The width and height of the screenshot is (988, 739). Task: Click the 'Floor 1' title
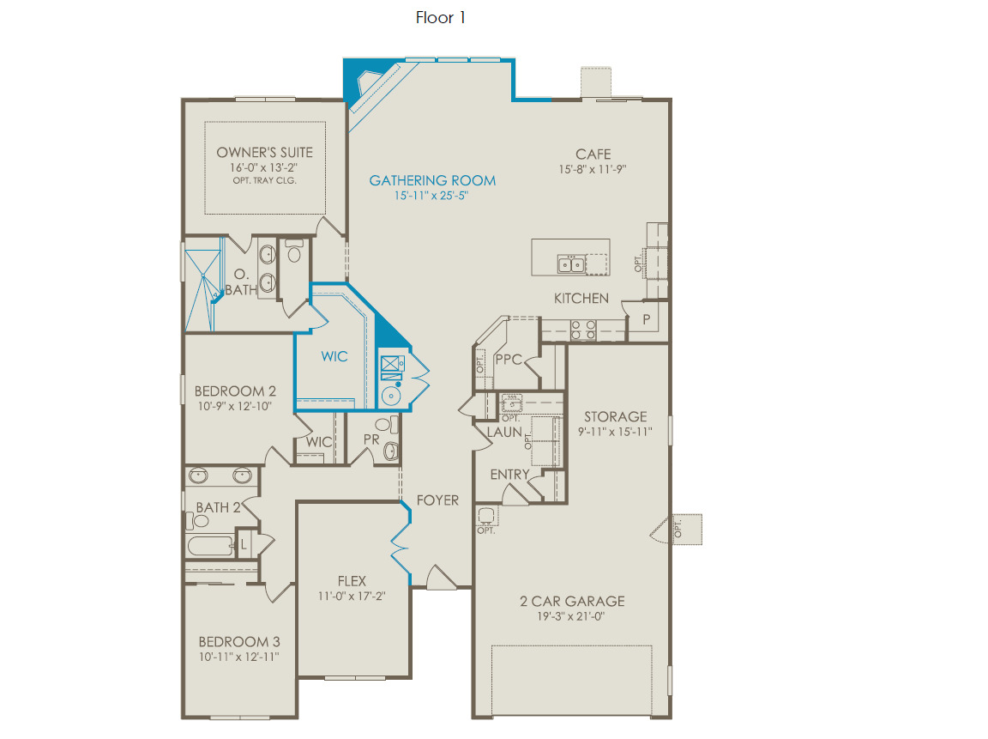coord(441,18)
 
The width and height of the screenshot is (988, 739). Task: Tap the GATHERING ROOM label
coord(432,180)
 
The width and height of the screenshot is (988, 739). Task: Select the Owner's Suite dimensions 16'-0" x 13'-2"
coord(263,167)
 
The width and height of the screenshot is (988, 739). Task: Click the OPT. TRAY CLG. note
coord(265,180)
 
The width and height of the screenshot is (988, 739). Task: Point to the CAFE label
coord(593,154)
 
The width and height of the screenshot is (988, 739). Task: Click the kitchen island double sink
coord(571,264)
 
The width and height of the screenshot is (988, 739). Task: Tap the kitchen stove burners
coord(583,330)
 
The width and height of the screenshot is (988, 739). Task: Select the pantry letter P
coord(646,319)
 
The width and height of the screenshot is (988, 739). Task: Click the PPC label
coord(509,360)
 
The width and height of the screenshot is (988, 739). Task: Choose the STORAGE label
coord(615,416)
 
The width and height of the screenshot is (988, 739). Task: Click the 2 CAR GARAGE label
coord(572,601)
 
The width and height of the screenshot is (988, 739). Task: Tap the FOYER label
coord(437,500)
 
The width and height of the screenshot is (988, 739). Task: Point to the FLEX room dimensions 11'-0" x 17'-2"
coord(352,596)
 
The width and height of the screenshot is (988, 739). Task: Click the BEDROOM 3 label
coord(238,641)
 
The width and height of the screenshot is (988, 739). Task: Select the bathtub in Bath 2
coord(210,545)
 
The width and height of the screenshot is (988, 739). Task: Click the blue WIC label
coord(334,356)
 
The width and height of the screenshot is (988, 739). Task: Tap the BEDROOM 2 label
coord(235,391)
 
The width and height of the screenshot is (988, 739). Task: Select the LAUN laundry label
coord(504,432)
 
